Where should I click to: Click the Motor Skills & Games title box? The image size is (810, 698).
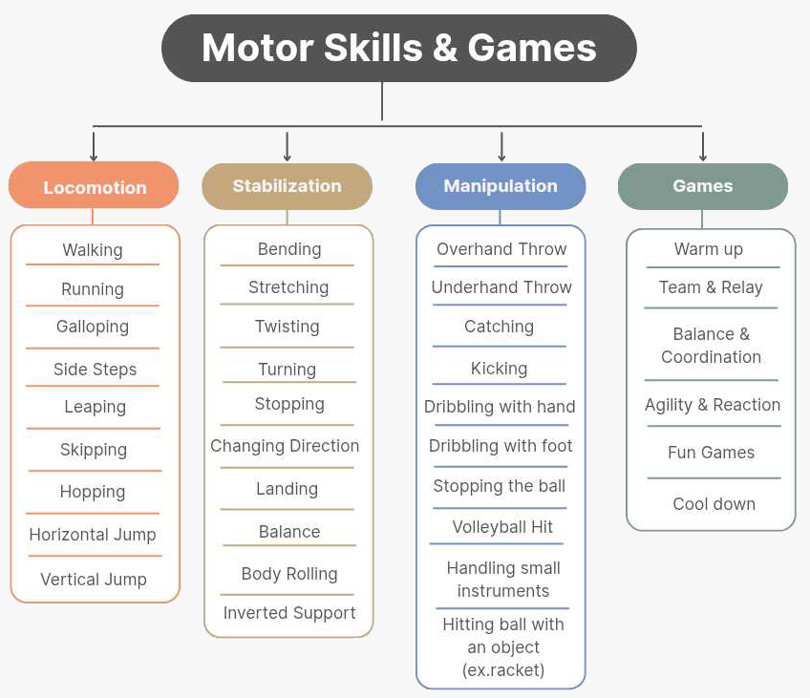[398, 48]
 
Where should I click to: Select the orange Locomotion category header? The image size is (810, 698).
[94, 187]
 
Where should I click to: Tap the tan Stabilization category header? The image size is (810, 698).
[287, 186]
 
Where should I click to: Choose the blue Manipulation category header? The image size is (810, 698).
[501, 186]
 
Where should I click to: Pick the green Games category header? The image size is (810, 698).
[702, 186]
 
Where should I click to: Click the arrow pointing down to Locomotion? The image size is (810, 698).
[94, 146]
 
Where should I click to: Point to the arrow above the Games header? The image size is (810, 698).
[703, 146]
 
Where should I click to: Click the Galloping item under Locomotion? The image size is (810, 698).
[93, 327]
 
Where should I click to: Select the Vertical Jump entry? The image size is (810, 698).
[94, 580]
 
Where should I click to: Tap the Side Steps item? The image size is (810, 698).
[95, 370]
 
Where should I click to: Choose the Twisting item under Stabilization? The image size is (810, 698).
[288, 327]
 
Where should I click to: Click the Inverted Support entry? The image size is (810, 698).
[289, 613]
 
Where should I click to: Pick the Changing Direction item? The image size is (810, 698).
[285, 446]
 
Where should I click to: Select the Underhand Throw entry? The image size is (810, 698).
[501, 287]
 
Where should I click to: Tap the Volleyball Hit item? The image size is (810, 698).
[502, 527]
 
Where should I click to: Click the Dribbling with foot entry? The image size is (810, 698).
[501, 446]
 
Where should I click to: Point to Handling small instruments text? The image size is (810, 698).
[503, 580]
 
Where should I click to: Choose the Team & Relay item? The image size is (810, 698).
[711, 287]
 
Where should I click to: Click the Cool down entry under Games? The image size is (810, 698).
[714, 504]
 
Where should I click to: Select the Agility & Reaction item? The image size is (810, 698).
[713, 405]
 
